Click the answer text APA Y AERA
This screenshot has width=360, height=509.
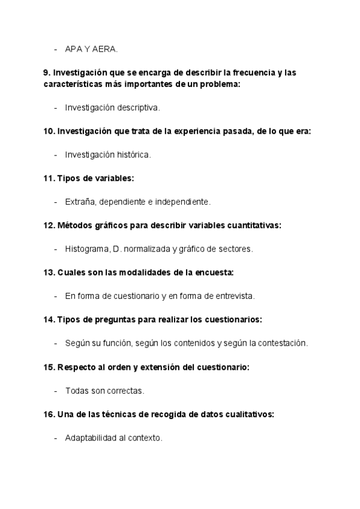(x=92, y=49)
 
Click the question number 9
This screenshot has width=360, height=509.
(x=46, y=73)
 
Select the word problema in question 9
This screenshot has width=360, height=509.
(x=218, y=85)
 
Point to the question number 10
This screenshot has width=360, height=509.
(x=49, y=131)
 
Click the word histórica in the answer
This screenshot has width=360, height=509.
(x=132, y=155)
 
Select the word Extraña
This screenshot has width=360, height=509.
(x=79, y=202)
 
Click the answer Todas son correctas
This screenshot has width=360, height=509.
(x=104, y=391)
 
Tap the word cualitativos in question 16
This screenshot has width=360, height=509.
(x=251, y=414)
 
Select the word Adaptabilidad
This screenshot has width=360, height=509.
(x=91, y=438)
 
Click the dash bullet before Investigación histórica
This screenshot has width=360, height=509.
(x=55, y=155)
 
